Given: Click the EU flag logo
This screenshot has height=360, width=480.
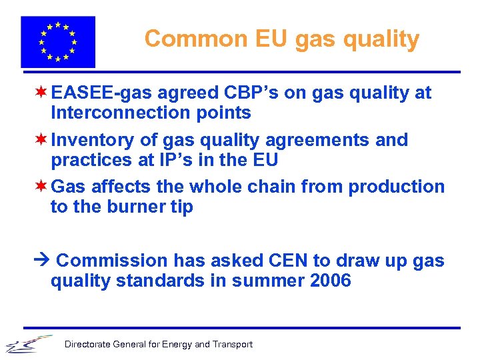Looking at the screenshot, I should click(57, 41).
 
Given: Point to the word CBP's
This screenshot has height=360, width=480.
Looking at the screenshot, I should click(247, 93).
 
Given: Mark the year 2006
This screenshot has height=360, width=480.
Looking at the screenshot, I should click(331, 281).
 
